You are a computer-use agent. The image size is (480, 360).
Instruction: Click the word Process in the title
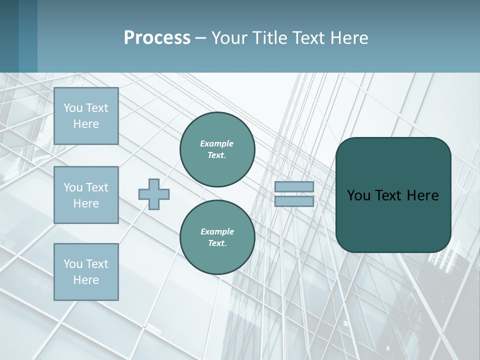point(157,38)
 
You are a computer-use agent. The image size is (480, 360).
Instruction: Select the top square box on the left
point(86,116)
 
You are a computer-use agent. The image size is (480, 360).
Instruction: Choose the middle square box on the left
point(86,195)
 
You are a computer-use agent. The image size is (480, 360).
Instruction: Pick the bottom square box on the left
point(86,272)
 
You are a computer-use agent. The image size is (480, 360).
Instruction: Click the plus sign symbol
point(154,194)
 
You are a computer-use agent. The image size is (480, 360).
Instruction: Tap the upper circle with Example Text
point(217,149)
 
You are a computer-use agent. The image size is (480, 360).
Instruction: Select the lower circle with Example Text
point(217,237)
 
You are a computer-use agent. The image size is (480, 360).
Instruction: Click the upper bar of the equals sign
point(294,187)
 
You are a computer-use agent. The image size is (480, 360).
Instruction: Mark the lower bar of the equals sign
point(294,201)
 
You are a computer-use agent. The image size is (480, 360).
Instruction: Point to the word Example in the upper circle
point(217,143)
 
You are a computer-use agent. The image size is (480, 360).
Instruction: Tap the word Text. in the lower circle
point(217,243)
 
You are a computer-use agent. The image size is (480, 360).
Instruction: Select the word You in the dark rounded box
point(358,195)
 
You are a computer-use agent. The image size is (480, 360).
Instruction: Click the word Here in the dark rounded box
point(422,195)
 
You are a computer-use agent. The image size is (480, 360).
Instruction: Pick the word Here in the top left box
point(86,124)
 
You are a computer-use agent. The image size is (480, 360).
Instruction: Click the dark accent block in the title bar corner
point(18,36)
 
